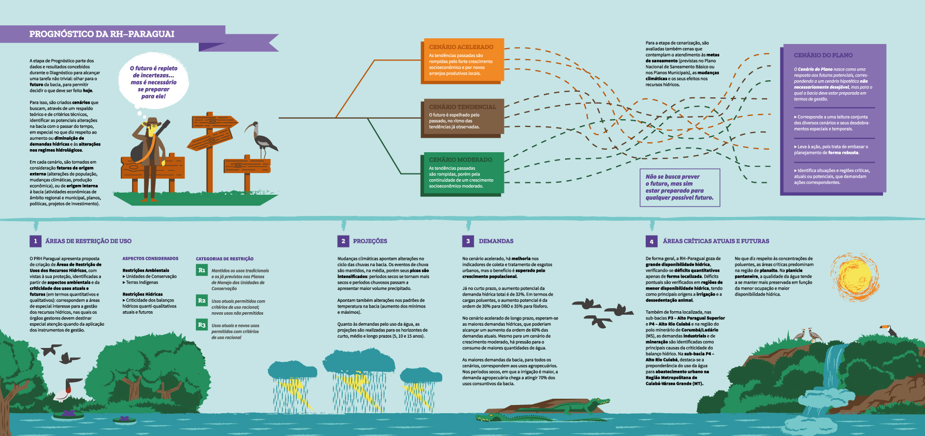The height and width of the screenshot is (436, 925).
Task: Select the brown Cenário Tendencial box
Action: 462,117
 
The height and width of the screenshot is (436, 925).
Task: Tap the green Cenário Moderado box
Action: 462,173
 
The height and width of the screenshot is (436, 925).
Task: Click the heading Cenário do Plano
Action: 823,55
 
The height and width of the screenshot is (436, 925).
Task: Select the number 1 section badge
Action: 35,241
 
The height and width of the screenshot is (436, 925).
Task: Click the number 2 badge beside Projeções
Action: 343,241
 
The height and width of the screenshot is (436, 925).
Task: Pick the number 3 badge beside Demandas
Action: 468,241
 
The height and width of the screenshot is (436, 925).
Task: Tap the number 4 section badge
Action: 652,241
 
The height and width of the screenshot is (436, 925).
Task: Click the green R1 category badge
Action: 202,270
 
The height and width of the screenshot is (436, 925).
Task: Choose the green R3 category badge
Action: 202,325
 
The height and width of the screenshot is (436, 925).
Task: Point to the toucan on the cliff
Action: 889,330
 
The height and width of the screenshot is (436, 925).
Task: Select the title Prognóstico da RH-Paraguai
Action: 102,34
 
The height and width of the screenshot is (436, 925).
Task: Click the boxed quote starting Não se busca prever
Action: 679,187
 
